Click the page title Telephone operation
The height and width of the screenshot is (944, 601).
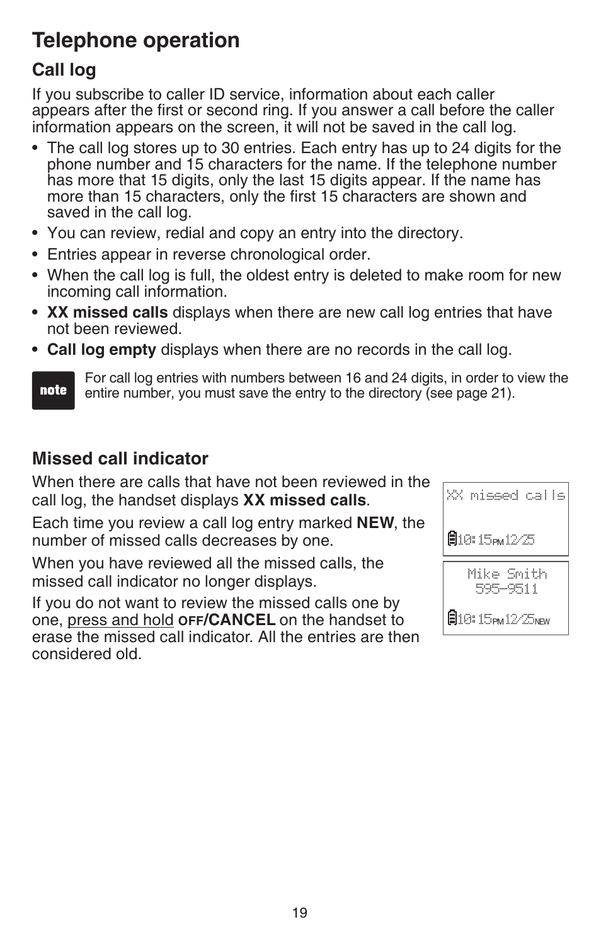pyautogui.click(x=135, y=40)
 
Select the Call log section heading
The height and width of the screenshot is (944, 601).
pyautogui.click(x=64, y=70)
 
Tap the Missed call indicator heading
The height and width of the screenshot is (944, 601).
pyautogui.click(x=120, y=458)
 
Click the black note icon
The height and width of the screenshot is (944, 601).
pyautogui.click(x=54, y=391)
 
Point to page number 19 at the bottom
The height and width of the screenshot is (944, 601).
pyautogui.click(x=300, y=913)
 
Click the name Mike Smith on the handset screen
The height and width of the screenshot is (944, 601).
pyautogui.click(x=507, y=574)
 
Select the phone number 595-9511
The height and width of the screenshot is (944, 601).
pyautogui.click(x=507, y=589)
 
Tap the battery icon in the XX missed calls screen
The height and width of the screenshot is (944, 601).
pyautogui.click(x=452, y=539)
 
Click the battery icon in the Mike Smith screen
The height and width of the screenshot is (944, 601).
pyautogui.click(x=452, y=619)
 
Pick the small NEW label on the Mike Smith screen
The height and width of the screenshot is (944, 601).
pyautogui.click(x=542, y=621)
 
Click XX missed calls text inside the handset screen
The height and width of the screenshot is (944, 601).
pyautogui.click(x=506, y=496)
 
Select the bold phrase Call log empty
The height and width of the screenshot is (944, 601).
pyautogui.click(x=101, y=350)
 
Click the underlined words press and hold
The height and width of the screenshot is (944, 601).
pyautogui.click(x=120, y=620)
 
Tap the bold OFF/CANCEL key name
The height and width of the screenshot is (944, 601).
pyautogui.click(x=227, y=620)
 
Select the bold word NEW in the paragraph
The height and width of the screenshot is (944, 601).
pyautogui.click(x=375, y=523)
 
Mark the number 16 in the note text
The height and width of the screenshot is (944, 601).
pyautogui.click(x=352, y=378)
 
